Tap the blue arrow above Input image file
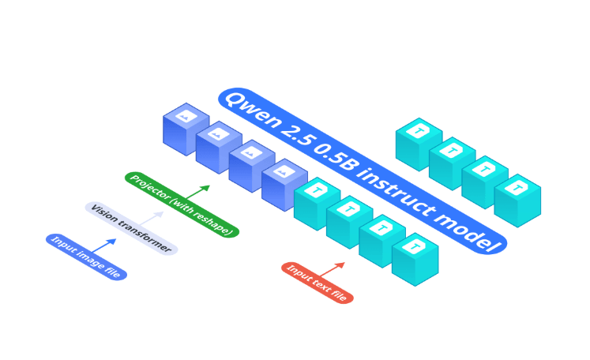(x=107, y=245)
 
